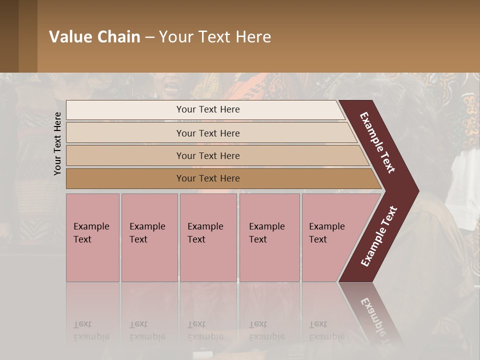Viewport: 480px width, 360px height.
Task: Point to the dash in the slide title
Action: tap(149, 37)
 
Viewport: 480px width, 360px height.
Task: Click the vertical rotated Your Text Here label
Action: tap(57, 143)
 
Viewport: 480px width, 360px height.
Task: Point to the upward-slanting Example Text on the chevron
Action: tap(378, 236)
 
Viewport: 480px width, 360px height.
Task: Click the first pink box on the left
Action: tap(92, 237)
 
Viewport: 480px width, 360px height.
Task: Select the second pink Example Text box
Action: tap(149, 237)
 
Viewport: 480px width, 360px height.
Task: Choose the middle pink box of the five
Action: tap(208, 237)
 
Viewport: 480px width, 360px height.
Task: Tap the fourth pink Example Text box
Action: tap(269, 237)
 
